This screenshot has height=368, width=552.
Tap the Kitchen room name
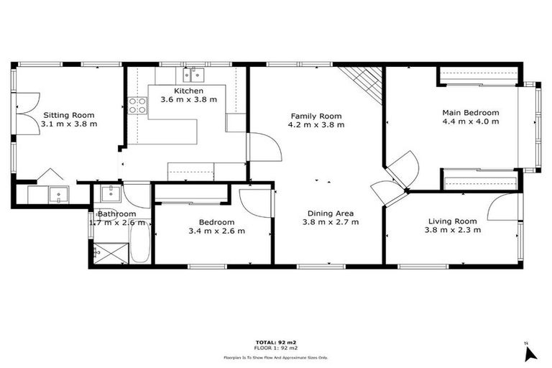pos(188,91)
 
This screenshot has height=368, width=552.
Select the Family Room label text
pos(316,116)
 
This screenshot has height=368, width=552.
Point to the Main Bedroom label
pos(471,113)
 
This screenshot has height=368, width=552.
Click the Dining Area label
pos(330,213)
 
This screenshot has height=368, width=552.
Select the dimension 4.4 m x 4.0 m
pos(471,121)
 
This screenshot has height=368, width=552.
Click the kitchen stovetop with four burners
pos(137,106)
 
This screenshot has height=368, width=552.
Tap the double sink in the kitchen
pos(194,73)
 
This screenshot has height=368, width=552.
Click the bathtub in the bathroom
pos(141,244)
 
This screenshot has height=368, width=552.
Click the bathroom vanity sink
pos(110,193)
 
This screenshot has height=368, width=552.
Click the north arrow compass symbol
pos(530,352)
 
